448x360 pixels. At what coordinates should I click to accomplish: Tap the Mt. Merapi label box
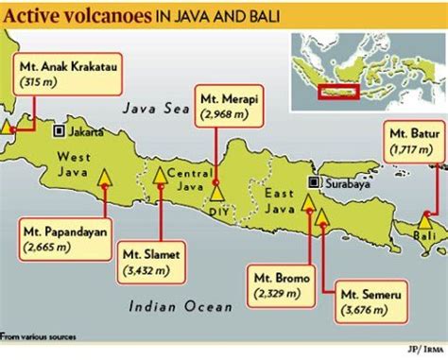[x=226, y=106]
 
